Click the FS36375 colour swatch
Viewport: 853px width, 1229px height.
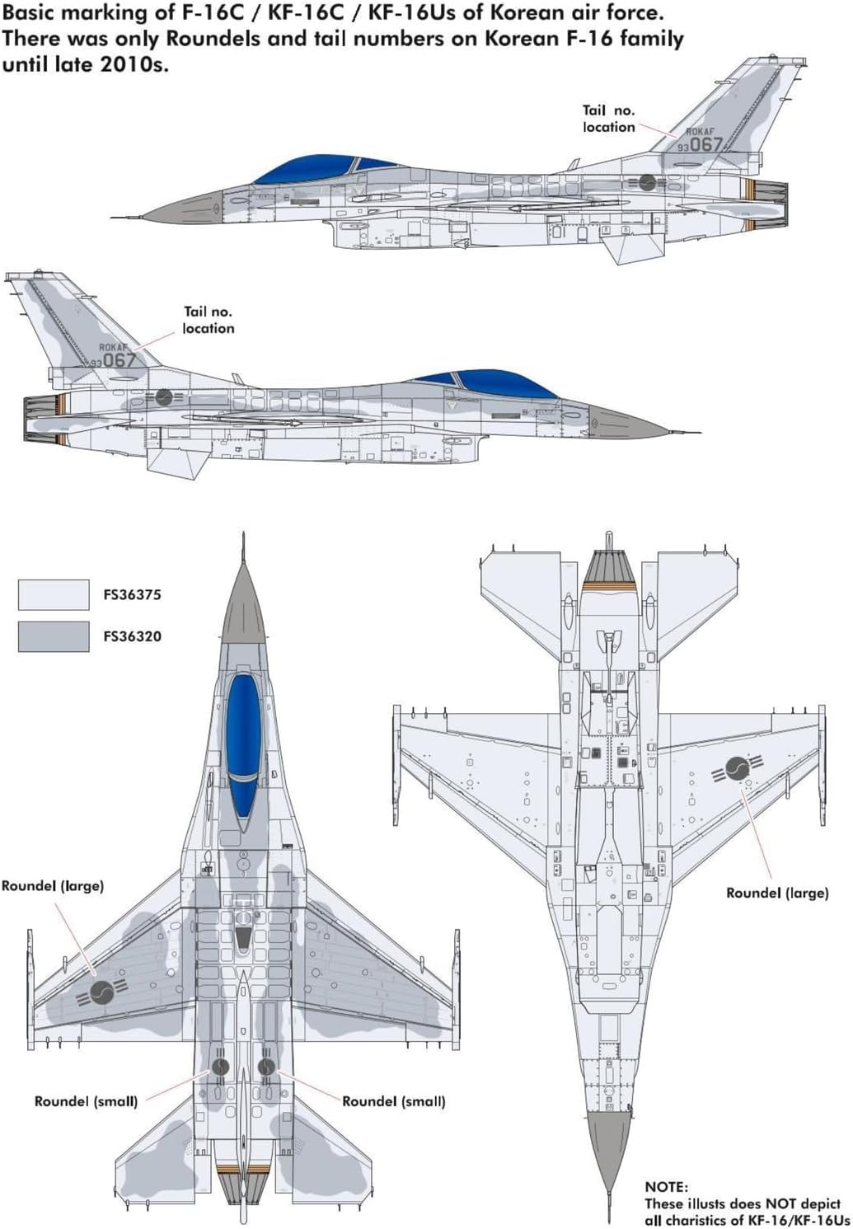tap(54, 594)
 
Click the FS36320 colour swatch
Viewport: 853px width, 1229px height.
tap(54, 636)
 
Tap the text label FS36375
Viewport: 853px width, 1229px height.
tap(132, 594)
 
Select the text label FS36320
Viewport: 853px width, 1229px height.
tap(132, 636)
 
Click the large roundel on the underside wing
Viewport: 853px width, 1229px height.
tap(738, 770)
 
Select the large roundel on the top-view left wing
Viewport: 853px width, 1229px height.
tap(102, 992)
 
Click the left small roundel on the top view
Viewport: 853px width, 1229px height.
tap(221, 1067)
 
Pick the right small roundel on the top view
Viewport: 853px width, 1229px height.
tap(266, 1067)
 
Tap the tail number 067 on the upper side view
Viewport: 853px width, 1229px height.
tap(705, 144)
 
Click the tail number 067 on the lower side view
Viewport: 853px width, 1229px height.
tap(119, 360)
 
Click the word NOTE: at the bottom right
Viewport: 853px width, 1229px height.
tap(666, 1186)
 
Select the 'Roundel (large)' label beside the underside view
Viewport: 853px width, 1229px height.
tap(776, 893)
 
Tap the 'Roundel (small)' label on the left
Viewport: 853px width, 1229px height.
tap(86, 1101)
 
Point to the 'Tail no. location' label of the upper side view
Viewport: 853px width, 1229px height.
tap(608, 119)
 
